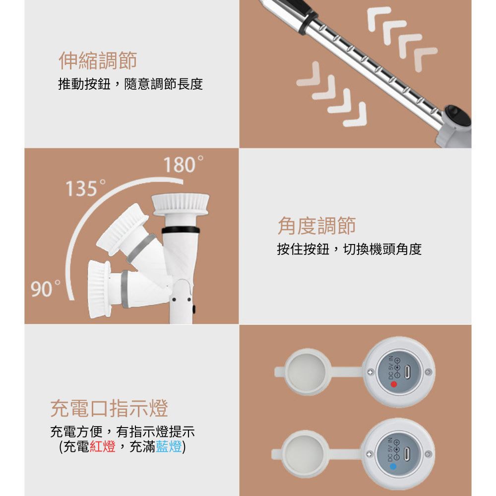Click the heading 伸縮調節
click(x=98, y=61)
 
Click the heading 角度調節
click(x=316, y=226)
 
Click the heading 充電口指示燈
click(x=109, y=408)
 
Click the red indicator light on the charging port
click(x=393, y=383)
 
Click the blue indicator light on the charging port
click(x=393, y=466)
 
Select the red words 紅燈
click(x=103, y=446)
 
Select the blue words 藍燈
click(x=169, y=446)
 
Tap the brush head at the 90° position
click(x=99, y=289)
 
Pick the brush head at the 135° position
click(x=122, y=227)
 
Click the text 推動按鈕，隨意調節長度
click(x=130, y=84)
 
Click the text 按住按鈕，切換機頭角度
click(x=349, y=249)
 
